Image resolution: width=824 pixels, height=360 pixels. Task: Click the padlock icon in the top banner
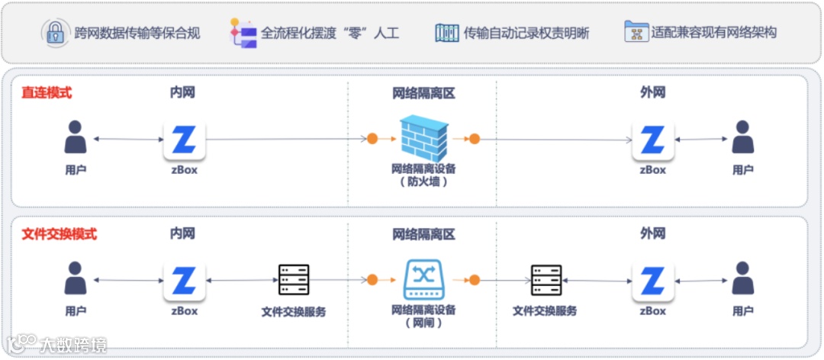point(54,32)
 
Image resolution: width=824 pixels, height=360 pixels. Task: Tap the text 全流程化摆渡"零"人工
point(330,33)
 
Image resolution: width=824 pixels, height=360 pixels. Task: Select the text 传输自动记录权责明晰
point(526,33)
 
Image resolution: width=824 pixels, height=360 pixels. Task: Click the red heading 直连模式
point(47,93)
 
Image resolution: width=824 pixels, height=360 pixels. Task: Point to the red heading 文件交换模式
point(59,234)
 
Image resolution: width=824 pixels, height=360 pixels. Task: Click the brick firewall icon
point(423,138)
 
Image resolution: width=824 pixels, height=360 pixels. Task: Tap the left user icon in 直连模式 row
point(76,138)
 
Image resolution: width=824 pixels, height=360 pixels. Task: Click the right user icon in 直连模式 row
point(742,138)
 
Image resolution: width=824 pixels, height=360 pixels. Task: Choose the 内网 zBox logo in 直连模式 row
point(185,140)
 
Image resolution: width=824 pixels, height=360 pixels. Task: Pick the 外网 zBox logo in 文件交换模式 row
point(652,281)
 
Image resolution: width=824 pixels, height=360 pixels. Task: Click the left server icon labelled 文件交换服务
point(294,281)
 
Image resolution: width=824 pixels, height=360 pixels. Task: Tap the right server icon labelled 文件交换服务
point(546,281)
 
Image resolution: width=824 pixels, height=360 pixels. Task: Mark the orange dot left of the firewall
point(372,139)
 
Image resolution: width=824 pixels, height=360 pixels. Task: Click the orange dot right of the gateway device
point(474,280)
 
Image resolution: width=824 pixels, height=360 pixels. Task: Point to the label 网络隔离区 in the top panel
point(423,93)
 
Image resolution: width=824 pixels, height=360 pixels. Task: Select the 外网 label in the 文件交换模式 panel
point(652,234)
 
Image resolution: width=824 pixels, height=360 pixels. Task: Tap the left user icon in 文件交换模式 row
point(76,280)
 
